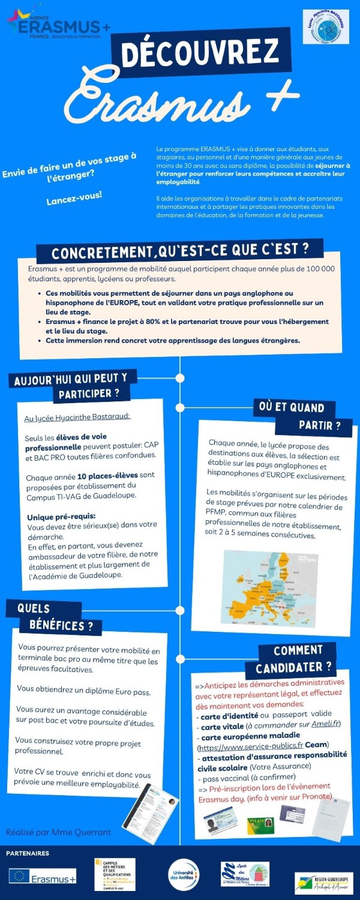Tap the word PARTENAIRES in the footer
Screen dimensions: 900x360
tap(28, 853)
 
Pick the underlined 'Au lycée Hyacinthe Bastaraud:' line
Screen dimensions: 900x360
tap(77, 416)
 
